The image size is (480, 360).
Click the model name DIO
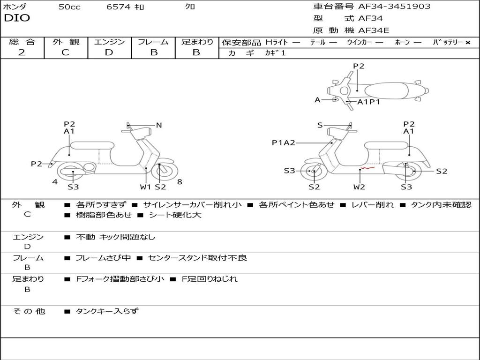(17, 18)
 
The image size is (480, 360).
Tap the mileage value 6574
(120, 7)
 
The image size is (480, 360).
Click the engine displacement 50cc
(69, 7)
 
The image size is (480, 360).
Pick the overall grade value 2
(22, 52)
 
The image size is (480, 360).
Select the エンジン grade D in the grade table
(109, 52)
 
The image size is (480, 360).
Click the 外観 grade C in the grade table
(65, 52)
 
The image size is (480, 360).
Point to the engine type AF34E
(374, 31)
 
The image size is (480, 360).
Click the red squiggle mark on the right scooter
(367, 167)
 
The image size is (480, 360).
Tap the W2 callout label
(359, 187)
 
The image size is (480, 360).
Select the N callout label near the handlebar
(159, 125)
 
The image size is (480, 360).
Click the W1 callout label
(146, 187)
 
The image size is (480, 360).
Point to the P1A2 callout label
(284, 142)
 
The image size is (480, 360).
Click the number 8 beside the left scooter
(180, 182)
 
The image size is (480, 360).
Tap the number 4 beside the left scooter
(55, 182)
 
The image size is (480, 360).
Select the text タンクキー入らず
(107, 311)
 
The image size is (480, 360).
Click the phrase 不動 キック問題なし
(115, 237)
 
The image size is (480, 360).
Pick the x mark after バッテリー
(468, 43)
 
